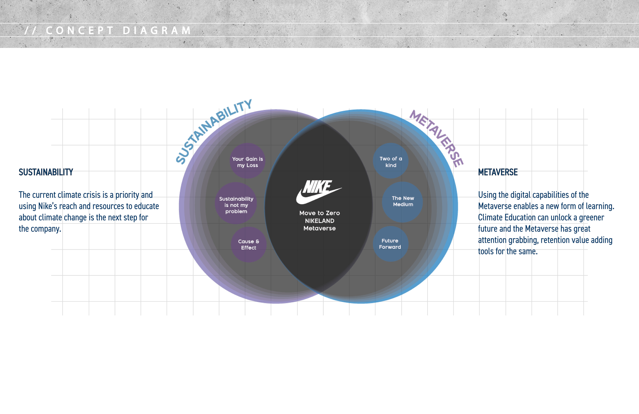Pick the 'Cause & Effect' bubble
coord(249,244)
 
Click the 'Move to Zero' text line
coord(319,213)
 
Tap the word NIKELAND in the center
coord(319,221)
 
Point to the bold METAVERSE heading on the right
coord(498,172)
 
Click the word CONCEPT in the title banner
coord(80,30)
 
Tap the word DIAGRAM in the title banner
coord(157,30)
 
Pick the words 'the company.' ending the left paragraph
coord(40,229)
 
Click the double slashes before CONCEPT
coord(30,30)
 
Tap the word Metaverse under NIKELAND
coord(319,228)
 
